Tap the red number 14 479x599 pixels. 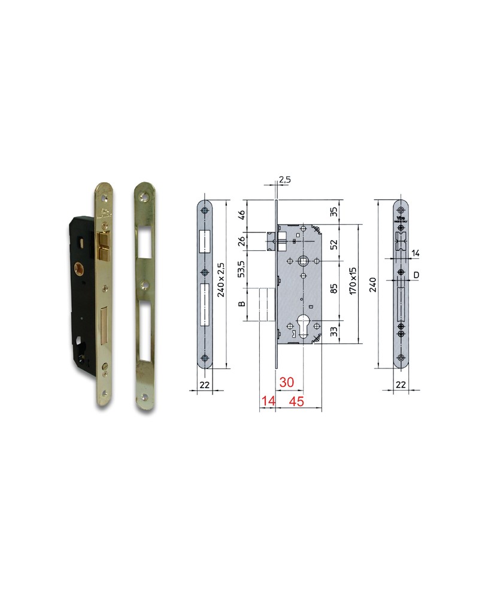pyautogui.click(x=266, y=401)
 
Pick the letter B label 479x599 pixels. pyautogui.click(x=242, y=304)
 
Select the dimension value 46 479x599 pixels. pyautogui.click(x=242, y=214)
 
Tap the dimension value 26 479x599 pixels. pyautogui.click(x=242, y=241)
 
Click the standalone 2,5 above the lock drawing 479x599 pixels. pyautogui.click(x=284, y=179)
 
